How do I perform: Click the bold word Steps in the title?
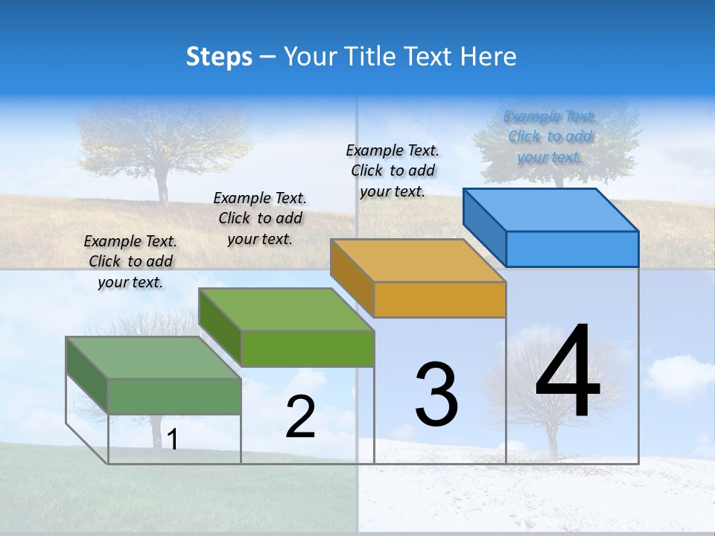click(x=219, y=57)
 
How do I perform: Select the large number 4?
click(x=568, y=372)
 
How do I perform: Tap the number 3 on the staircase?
click(x=436, y=395)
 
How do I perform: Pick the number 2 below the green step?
click(x=300, y=417)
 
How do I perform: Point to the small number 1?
click(x=172, y=440)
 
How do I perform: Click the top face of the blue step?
click(x=551, y=209)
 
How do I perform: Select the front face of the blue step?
click(x=572, y=249)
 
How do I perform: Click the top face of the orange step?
click(x=419, y=261)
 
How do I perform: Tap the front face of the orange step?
click(x=439, y=299)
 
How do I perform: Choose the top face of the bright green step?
click(x=287, y=310)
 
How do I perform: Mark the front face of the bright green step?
click(x=307, y=348)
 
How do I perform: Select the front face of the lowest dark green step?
click(x=174, y=396)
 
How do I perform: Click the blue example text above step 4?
click(x=550, y=137)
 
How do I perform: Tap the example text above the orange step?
click(x=393, y=170)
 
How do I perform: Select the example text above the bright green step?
click(x=260, y=218)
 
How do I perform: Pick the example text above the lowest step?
click(x=130, y=261)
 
